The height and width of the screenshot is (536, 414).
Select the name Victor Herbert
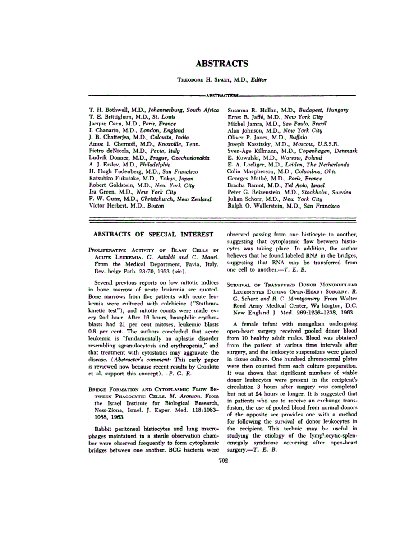point(106,206)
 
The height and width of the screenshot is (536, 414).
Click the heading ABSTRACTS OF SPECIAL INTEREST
point(153,234)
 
